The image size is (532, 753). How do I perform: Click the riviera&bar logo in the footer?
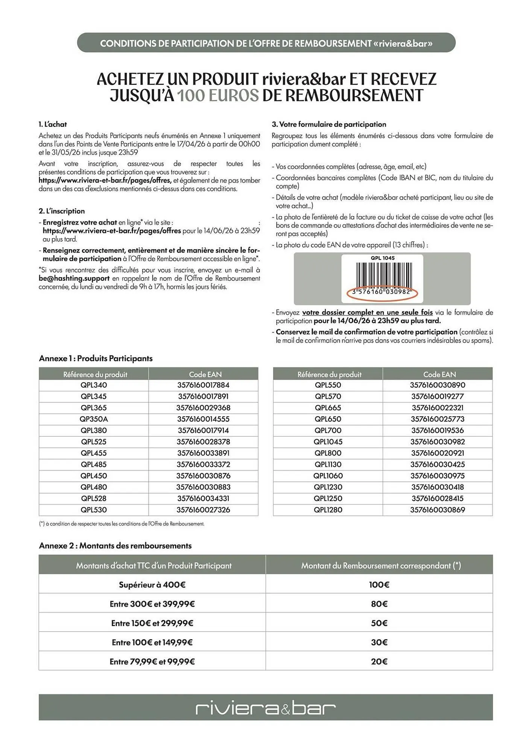[266, 708]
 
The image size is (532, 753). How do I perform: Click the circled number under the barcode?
[382, 292]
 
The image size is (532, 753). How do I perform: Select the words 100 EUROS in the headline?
[218, 96]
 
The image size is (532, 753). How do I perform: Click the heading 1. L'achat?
[53, 124]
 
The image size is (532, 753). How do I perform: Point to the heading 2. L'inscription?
[62, 211]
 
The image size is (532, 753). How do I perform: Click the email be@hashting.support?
[74, 279]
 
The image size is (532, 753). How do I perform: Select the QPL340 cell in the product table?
[94, 385]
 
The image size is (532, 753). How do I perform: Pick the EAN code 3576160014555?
[203, 419]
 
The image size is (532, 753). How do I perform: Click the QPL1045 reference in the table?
[328, 442]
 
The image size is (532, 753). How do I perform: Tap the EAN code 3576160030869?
[438, 510]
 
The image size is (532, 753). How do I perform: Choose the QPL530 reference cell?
[94, 510]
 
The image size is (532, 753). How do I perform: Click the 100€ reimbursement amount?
[379, 585]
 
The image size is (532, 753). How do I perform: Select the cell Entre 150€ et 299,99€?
[152, 623]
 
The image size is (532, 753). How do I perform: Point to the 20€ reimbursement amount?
[379, 662]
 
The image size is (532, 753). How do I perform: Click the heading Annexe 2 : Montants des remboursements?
[115, 546]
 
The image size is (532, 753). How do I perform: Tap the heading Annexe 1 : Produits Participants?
[96, 358]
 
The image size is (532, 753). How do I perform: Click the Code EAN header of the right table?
[439, 374]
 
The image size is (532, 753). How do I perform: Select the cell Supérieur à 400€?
[152, 585]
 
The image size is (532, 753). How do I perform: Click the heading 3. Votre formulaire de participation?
[329, 124]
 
